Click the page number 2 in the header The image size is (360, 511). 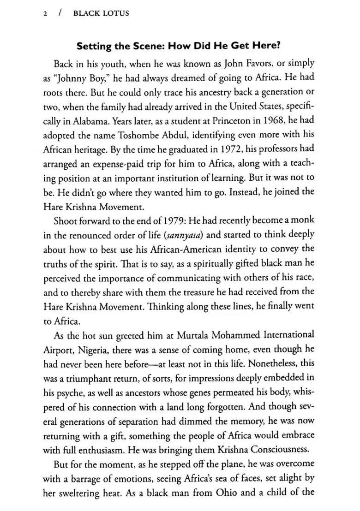[x=45, y=13]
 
